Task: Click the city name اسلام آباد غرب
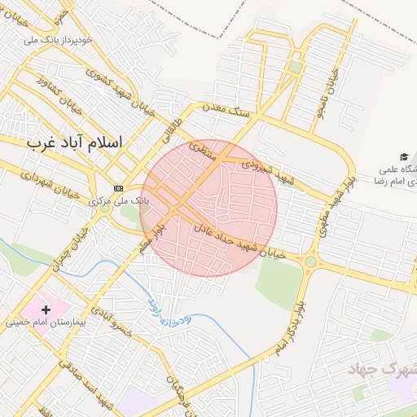[74, 142]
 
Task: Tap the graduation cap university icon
[404, 156]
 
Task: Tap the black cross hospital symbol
[46, 309]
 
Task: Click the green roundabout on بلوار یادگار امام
[310, 261]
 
